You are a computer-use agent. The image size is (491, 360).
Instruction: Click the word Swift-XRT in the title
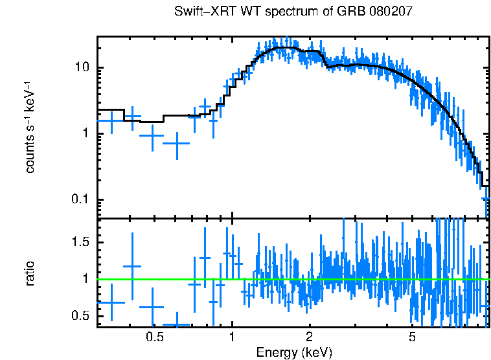tap(200, 12)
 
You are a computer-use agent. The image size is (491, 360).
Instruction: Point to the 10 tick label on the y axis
tap(82, 68)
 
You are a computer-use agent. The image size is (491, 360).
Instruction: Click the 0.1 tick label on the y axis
tap(80, 199)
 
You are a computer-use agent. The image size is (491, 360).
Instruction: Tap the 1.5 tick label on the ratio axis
tap(80, 242)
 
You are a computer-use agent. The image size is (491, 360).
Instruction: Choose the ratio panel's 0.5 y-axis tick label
tap(80, 316)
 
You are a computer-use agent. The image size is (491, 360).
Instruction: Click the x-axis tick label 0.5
tap(154, 337)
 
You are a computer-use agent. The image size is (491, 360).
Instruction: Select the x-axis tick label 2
tap(309, 337)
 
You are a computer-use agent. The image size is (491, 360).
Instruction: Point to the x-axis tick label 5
tap(412, 337)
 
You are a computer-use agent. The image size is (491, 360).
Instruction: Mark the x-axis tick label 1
tap(232, 337)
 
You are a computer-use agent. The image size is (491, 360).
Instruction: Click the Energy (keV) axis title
tap(294, 352)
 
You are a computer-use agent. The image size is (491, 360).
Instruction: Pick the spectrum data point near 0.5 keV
tap(152, 135)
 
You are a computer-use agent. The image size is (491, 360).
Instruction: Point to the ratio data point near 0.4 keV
tap(132, 266)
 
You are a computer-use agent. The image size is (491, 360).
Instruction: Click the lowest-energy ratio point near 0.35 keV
tap(111, 302)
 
